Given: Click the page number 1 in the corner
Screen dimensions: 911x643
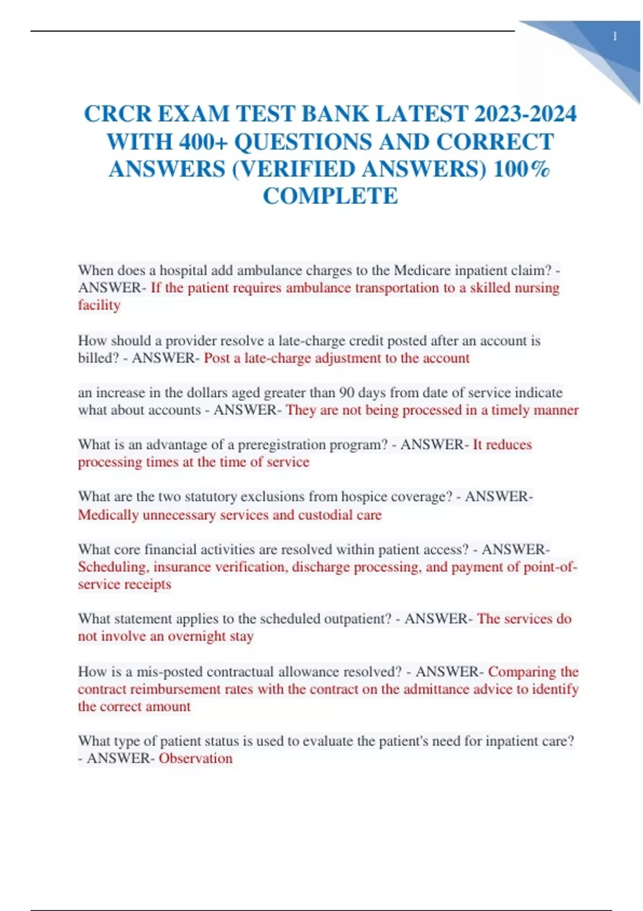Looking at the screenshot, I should (x=615, y=36).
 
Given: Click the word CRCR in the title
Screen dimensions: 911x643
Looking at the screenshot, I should (x=117, y=114).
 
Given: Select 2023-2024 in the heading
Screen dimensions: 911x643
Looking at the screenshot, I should (x=525, y=114).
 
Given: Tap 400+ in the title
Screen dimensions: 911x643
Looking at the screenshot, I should (x=204, y=142).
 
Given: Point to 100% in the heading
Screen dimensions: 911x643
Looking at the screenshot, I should (x=521, y=169).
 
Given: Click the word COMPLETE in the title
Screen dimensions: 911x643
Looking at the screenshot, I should (x=330, y=196).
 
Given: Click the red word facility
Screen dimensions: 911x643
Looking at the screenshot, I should (x=99, y=305).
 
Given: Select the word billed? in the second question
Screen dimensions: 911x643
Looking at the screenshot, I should (x=98, y=358).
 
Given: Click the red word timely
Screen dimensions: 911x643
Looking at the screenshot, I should (x=513, y=410).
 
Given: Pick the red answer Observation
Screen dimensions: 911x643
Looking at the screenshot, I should (x=196, y=758).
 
